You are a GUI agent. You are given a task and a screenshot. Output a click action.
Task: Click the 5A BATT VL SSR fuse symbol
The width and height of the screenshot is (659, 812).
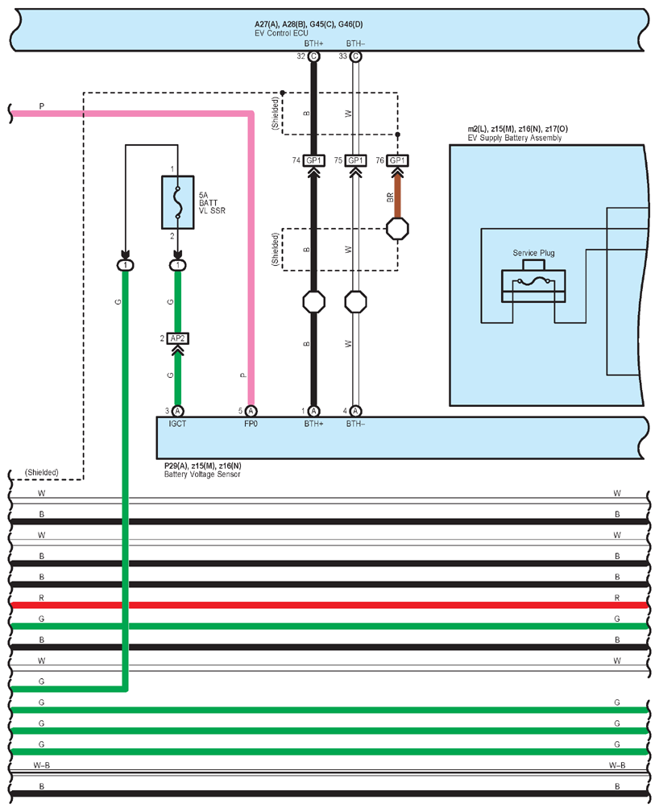click(178, 202)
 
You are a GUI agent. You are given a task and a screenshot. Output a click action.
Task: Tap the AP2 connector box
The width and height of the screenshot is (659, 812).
click(178, 338)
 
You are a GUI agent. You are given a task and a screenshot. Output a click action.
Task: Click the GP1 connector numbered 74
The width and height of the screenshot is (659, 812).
click(313, 160)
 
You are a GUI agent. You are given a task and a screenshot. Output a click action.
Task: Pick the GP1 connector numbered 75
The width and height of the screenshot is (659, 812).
click(355, 160)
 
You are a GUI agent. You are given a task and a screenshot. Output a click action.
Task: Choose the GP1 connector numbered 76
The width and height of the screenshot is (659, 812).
click(397, 160)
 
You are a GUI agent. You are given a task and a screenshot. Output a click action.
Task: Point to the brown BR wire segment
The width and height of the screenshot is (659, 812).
click(397, 197)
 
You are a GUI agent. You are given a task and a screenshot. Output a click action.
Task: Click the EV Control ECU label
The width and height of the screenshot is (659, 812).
click(281, 33)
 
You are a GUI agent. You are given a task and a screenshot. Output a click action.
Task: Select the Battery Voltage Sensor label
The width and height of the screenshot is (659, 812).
click(202, 474)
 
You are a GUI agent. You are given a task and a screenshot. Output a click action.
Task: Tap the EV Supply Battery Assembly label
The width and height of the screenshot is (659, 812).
click(515, 138)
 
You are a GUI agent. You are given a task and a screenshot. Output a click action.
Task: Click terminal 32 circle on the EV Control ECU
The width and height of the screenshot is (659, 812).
click(313, 56)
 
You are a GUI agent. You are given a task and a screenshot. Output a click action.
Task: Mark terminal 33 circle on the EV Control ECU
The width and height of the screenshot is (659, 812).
click(355, 56)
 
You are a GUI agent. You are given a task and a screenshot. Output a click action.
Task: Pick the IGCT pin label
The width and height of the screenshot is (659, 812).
click(177, 424)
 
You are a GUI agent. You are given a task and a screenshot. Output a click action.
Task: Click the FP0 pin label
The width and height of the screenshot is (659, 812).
click(251, 424)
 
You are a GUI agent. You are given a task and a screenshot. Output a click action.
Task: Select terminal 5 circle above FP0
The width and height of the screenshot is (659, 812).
click(251, 411)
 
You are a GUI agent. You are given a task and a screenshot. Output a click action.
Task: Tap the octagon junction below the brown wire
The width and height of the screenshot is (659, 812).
click(397, 229)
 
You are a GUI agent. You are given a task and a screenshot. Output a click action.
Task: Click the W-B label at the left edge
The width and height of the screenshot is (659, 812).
click(41, 765)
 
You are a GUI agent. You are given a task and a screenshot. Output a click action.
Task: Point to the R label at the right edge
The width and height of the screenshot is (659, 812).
click(617, 598)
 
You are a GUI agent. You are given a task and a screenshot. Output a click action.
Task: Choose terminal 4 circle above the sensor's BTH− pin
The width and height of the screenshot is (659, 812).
click(355, 411)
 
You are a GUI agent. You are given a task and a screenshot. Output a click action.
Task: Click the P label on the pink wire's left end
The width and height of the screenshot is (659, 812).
click(41, 106)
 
